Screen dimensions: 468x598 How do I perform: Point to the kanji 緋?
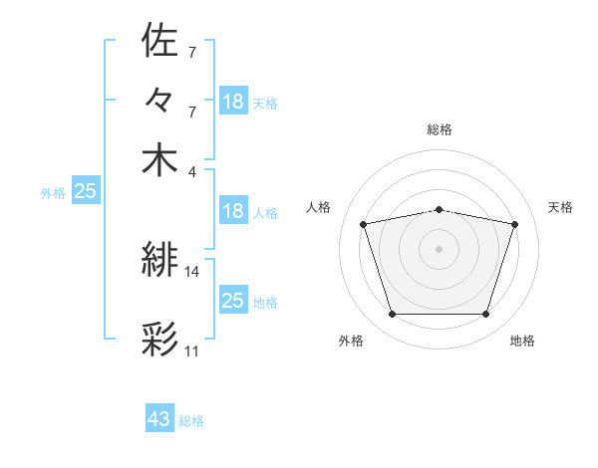click(x=159, y=262)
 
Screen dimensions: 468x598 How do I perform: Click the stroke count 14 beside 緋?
click(x=191, y=271)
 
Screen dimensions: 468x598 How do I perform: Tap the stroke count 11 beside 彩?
click(x=191, y=351)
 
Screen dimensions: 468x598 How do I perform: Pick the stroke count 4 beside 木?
click(x=192, y=170)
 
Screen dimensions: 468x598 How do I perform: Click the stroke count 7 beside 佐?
click(x=191, y=51)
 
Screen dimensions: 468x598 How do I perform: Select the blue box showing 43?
click(x=159, y=419)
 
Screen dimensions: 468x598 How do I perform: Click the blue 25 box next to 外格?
click(x=85, y=192)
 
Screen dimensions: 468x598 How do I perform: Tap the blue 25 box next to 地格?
click(x=232, y=301)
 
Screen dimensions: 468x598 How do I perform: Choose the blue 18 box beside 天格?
click(x=232, y=102)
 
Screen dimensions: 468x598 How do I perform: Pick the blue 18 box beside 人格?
click(x=232, y=211)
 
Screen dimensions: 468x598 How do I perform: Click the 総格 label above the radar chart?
click(x=439, y=129)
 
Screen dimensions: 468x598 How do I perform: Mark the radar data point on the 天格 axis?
click(x=515, y=224)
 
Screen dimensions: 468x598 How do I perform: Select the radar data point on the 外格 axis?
click(x=392, y=315)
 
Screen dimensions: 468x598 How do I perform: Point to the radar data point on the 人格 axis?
click(x=363, y=224)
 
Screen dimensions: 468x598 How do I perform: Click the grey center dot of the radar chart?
click(x=439, y=249)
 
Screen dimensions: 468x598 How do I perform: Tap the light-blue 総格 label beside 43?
click(x=191, y=421)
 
